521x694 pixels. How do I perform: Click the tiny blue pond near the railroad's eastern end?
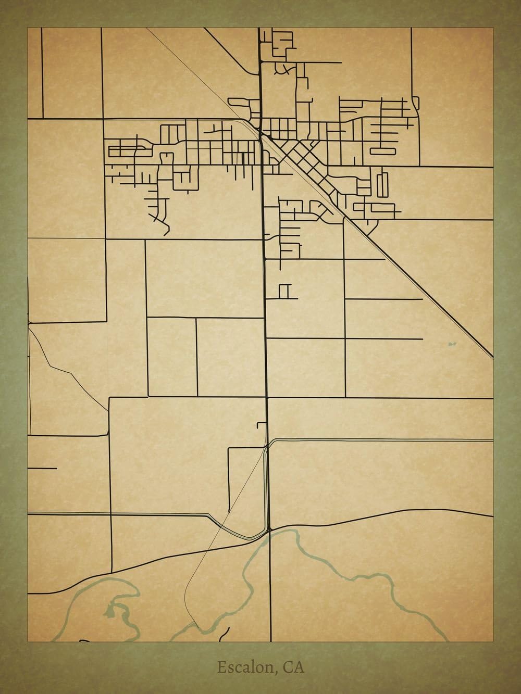point(451,344)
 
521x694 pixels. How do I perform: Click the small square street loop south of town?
point(284,292)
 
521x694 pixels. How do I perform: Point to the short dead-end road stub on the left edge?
point(42,468)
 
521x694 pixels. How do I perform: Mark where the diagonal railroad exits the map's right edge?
point(491,357)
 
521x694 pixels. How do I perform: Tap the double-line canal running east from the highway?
point(380,440)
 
